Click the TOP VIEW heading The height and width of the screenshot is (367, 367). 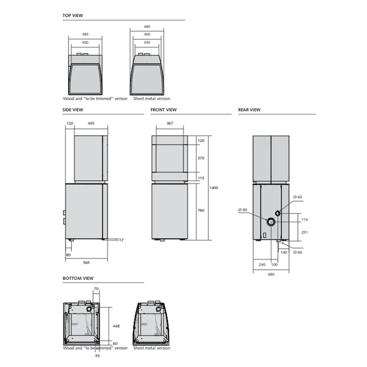(x=73, y=16)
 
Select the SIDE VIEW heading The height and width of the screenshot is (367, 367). (x=73, y=110)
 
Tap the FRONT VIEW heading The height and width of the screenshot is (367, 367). (x=163, y=110)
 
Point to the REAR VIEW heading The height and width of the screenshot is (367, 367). (x=249, y=110)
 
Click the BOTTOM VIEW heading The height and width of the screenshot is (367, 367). (x=78, y=278)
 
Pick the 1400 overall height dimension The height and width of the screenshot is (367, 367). (x=214, y=188)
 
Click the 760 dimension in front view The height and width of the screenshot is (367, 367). (x=201, y=210)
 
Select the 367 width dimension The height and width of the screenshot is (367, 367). (x=170, y=123)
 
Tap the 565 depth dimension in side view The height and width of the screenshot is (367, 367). (x=86, y=263)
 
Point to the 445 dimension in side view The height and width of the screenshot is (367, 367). (x=91, y=123)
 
